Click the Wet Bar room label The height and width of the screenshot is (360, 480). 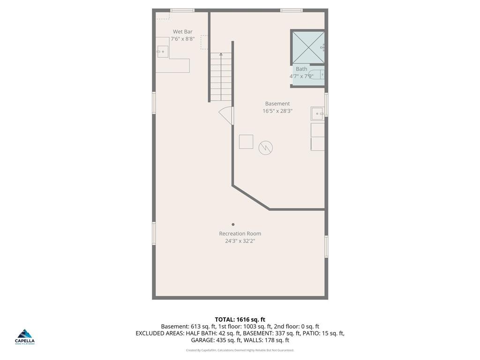point(182,32)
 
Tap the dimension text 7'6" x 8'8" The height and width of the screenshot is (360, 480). point(182,39)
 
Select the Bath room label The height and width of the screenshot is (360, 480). point(301,69)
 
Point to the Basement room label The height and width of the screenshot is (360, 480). point(277,104)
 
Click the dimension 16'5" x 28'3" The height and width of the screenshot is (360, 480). point(277,111)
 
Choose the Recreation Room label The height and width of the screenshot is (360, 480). point(240,233)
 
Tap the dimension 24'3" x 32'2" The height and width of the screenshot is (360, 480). point(240,241)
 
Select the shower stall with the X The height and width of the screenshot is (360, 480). point(308,47)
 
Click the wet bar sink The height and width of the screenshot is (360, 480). point(162,51)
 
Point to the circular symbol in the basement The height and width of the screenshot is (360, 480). point(266,148)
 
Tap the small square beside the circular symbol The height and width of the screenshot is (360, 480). point(246,142)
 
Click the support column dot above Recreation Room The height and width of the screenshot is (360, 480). point(233,225)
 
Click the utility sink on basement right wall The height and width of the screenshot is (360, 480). point(317,113)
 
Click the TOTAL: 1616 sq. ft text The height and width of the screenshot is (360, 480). point(240,320)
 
